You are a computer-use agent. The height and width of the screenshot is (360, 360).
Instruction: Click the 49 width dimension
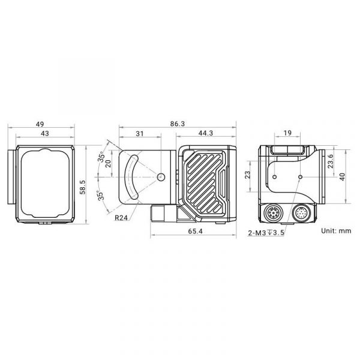pyautogui.click(x=40, y=124)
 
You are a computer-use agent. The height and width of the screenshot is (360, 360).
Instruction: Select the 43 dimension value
pyautogui.click(x=45, y=133)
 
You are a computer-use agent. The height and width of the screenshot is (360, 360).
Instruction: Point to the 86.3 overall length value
pyautogui.click(x=178, y=124)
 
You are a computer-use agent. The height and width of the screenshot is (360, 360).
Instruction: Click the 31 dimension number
pyautogui.click(x=140, y=133)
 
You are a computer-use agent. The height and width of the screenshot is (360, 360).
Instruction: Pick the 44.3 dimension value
pyautogui.click(x=206, y=133)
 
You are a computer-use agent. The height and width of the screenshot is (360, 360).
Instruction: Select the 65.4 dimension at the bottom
pyautogui.click(x=196, y=231)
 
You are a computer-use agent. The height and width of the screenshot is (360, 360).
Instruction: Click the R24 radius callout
pyautogui.click(x=121, y=218)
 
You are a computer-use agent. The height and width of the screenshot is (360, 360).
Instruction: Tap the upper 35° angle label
pyautogui.click(x=101, y=157)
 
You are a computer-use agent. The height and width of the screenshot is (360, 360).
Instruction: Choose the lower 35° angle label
pyautogui.click(x=101, y=196)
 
